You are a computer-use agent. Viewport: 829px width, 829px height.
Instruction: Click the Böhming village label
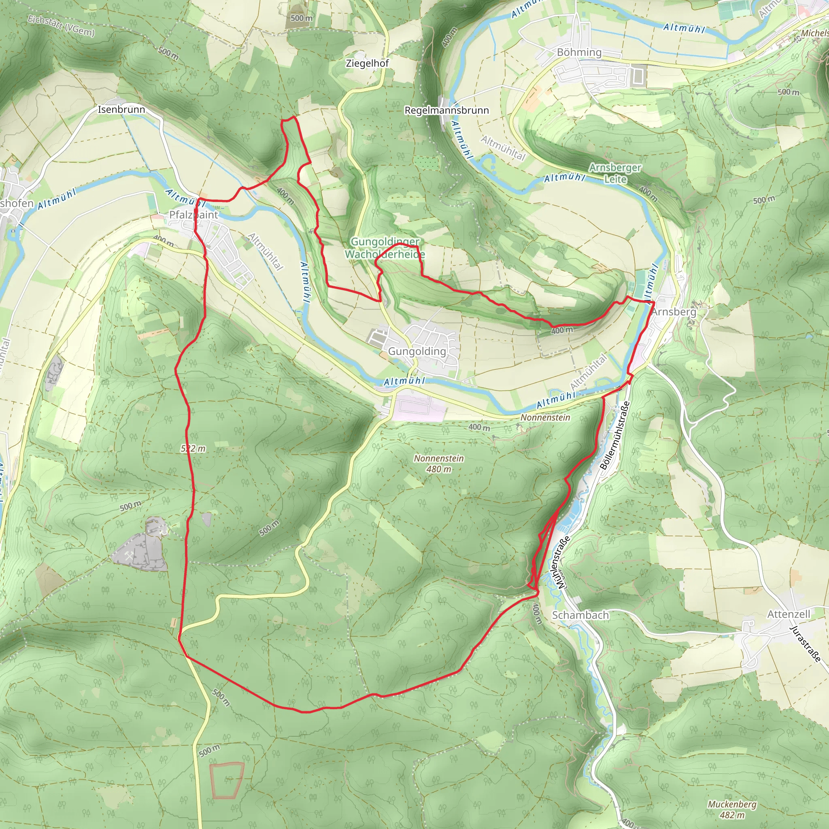point(579,52)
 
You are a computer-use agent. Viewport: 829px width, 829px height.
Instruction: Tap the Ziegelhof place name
point(367,64)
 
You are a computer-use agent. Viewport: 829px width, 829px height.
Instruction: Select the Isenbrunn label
point(121,109)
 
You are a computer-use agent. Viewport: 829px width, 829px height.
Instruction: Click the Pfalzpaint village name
point(193,215)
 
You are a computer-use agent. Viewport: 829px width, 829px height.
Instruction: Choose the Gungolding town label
point(417,351)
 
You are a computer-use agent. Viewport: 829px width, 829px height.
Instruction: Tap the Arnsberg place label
point(674,312)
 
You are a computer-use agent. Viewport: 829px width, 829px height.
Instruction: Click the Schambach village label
point(580,615)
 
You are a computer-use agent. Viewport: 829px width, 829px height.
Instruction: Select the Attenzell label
point(789,614)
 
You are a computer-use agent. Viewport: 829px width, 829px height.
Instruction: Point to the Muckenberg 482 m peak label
point(732,809)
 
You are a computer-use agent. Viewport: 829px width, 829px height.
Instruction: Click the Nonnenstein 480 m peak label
point(438,463)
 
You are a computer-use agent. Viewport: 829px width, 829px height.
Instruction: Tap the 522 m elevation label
point(193,449)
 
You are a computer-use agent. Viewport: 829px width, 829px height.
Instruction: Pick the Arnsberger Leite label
point(615,173)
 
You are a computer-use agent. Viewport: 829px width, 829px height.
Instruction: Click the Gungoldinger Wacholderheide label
point(385,248)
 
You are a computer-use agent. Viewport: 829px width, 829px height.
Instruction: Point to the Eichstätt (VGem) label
point(61,26)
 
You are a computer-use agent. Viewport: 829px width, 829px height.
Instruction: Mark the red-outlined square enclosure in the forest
point(227,780)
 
